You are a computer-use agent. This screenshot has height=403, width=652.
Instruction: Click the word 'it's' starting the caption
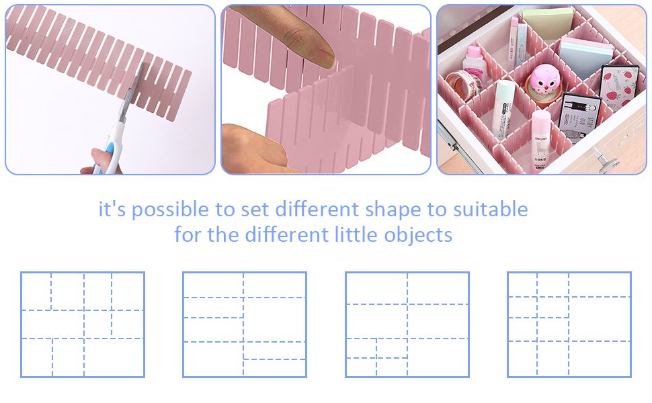[112, 209]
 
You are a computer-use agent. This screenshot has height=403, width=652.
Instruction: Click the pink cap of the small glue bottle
[473, 52]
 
